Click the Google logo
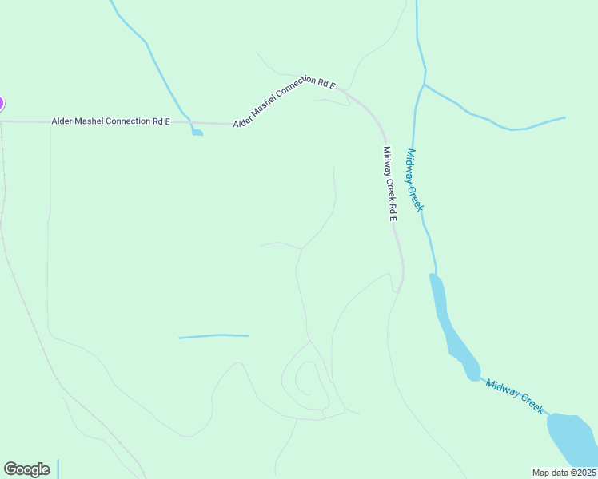tap(26, 469)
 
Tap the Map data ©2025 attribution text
tap(564, 472)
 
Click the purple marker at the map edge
tap(1, 103)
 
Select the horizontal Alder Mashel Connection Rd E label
tap(110, 121)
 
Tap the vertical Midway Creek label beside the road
tap(413, 180)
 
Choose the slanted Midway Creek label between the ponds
tap(515, 396)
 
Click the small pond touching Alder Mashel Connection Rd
tap(197, 132)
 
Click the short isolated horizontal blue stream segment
tap(213, 336)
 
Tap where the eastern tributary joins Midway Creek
tap(424, 84)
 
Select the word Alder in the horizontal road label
tap(62, 121)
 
